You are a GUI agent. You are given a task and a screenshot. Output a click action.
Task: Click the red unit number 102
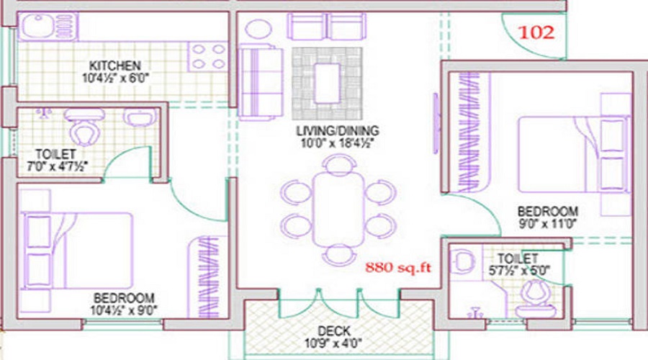click(x=535, y=32)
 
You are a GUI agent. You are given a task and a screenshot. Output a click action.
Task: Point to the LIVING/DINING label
click(x=337, y=131)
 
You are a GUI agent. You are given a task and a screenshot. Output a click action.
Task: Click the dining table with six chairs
click(x=337, y=210)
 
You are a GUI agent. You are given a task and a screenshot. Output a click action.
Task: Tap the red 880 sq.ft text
click(x=397, y=268)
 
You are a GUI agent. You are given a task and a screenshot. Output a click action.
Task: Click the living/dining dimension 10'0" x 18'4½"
click(x=337, y=143)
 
